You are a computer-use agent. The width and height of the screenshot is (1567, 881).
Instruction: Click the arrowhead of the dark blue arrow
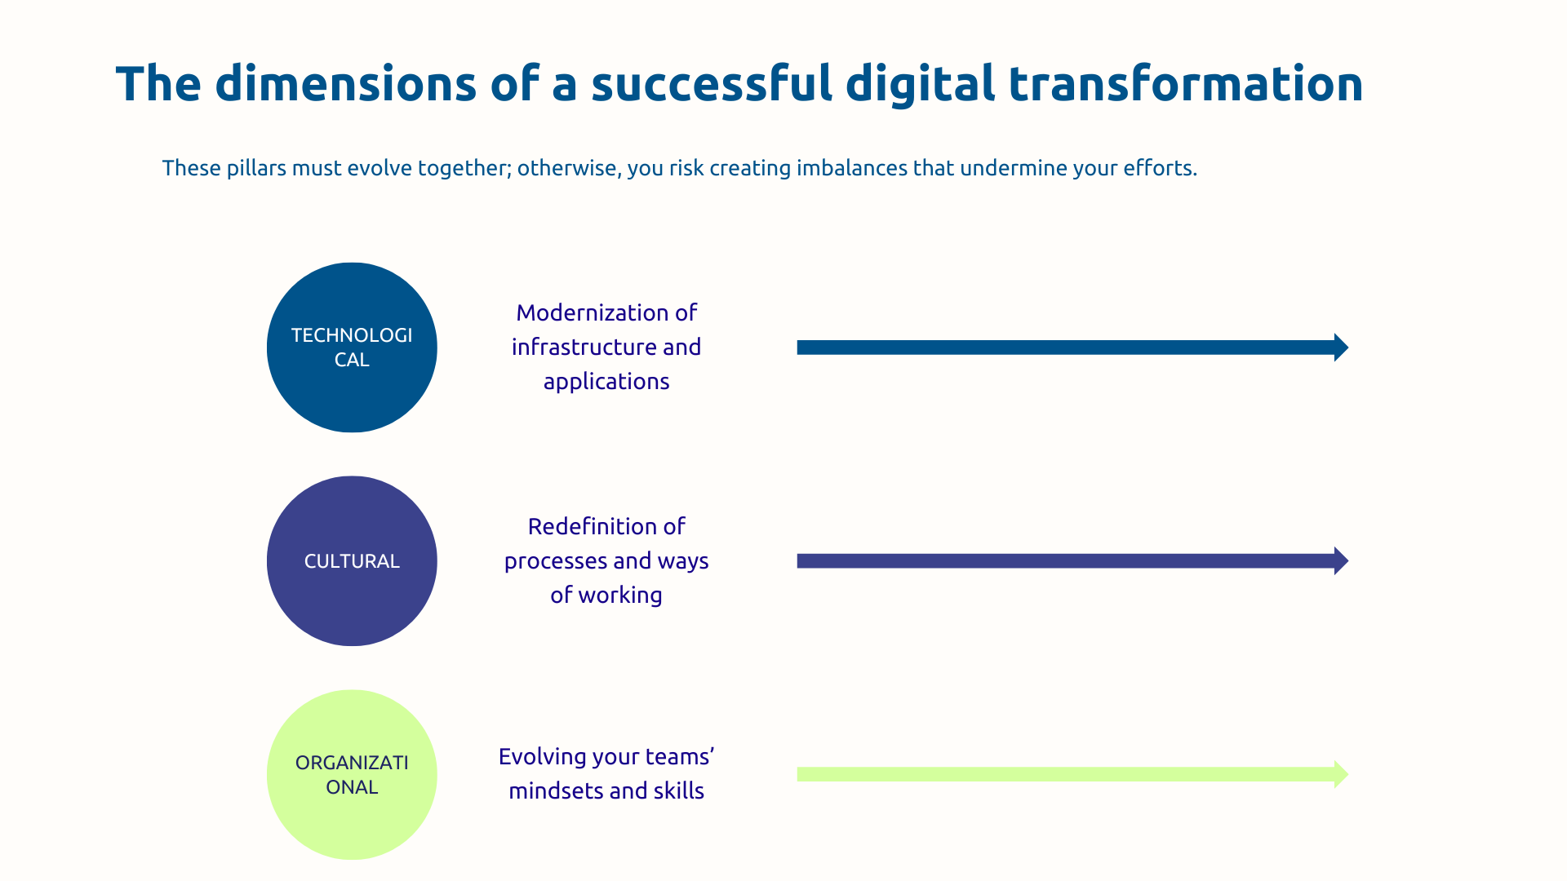pyautogui.click(x=1340, y=348)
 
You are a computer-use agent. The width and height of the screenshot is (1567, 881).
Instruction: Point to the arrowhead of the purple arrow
pyautogui.click(x=1340, y=561)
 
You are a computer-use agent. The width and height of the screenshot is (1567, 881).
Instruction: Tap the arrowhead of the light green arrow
pyautogui.click(x=1340, y=774)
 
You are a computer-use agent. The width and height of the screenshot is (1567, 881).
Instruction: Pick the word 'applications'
pyautogui.click(x=606, y=382)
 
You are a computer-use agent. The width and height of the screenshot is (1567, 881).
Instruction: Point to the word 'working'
pyautogui.click(x=620, y=595)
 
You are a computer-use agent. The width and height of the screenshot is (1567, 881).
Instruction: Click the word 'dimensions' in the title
pyautogui.click(x=345, y=84)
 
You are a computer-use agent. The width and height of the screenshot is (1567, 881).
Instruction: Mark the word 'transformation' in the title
pyautogui.click(x=1185, y=84)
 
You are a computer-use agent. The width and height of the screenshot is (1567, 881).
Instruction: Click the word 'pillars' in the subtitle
pyautogui.click(x=256, y=168)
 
